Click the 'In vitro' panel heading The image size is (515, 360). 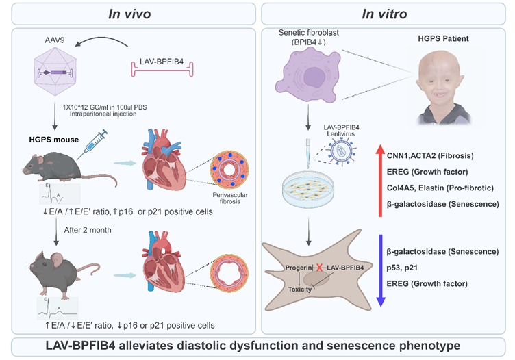click(x=386, y=13)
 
